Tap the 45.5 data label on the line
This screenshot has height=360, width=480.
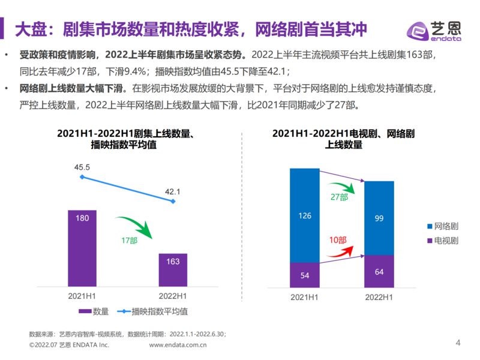(82, 167)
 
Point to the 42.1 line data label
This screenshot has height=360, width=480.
(173, 191)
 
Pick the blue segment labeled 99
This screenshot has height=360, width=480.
(379, 218)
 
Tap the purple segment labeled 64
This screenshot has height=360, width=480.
(379, 271)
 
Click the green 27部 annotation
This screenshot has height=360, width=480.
(339, 197)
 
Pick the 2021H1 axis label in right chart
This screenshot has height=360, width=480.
(305, 296)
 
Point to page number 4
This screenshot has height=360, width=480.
(458, 343)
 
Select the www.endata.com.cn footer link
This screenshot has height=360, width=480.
(178, 345)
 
